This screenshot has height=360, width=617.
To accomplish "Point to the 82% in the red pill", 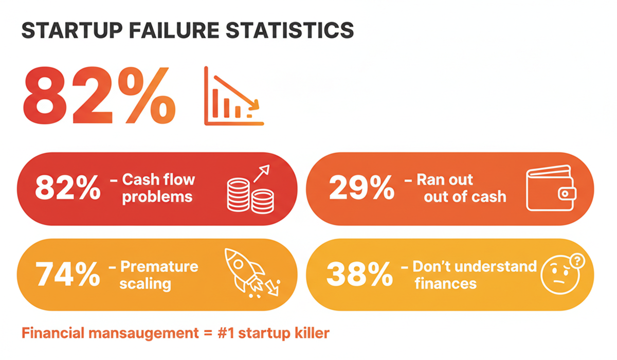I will tap(67, 189).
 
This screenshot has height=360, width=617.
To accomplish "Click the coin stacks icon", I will tap(250, 190).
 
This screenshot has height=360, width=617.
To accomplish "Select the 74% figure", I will tap(67, 275).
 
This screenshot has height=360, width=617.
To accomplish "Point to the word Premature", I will tap(159, 266).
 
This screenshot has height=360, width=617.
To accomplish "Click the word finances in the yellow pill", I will tap(445, 283).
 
